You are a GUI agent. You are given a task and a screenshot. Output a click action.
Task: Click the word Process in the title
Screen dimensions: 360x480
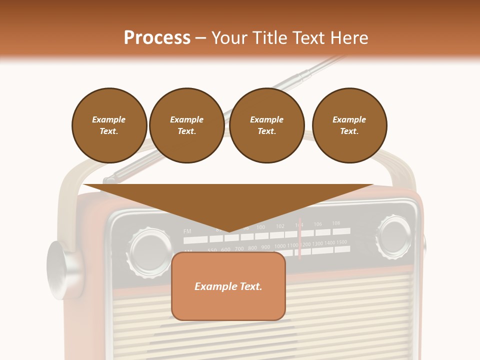coord(157,38)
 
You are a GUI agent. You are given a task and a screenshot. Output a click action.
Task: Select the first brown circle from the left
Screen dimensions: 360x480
coord(109,125)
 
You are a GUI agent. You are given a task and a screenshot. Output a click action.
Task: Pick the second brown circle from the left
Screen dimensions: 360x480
coord(186,125)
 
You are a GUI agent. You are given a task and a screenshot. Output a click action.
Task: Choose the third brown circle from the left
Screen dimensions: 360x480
coord(266,125)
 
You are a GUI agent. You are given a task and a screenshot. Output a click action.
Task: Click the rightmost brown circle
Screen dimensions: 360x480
coord(349,125)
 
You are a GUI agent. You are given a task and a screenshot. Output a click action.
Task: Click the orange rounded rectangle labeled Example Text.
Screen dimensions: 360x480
coord(228,286)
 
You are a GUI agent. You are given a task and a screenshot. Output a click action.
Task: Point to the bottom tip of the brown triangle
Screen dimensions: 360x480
coord(229,232)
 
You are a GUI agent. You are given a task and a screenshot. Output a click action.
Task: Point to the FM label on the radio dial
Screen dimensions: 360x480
coord(187,231)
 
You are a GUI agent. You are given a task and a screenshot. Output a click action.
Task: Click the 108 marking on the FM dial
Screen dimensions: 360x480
coord(336,223)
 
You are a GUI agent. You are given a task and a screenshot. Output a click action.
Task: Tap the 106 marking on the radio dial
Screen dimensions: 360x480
coord(318,224)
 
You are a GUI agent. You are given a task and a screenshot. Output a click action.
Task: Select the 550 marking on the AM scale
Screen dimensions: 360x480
coord(212,250)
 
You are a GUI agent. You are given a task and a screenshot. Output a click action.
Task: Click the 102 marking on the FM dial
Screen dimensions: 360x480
coord(280,226)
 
